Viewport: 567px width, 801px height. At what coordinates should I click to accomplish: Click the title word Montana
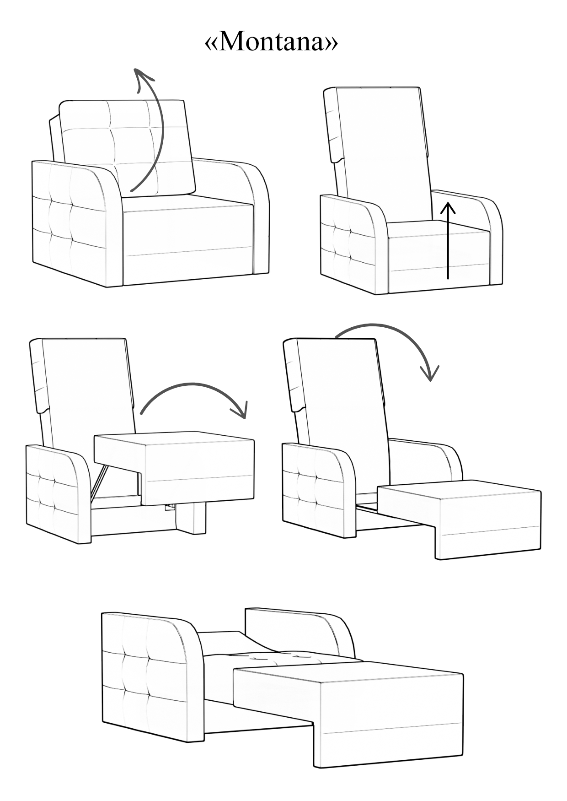tap(272, 42)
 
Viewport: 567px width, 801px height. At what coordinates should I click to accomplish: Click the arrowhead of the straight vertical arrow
tap(448, 208)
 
